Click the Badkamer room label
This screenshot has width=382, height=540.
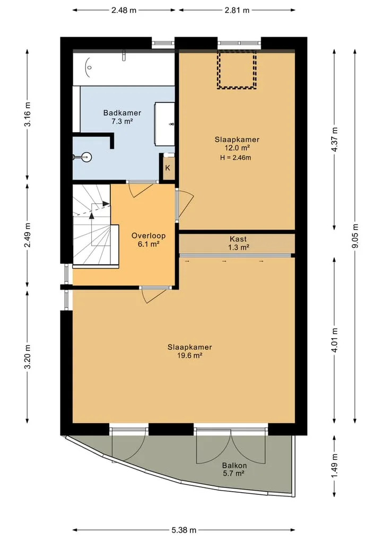pos(122,113)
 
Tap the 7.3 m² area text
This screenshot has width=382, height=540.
pos(122,121)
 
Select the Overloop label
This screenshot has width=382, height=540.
pos(149,236)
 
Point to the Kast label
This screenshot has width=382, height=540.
pos(238,238)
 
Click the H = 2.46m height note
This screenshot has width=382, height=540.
pos(236,158)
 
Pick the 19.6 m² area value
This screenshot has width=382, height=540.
pos(189,356)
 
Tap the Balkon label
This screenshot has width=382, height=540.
pos(235,466)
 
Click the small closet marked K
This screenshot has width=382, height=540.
pos(168,168)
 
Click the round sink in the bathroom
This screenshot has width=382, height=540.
pos(86,157)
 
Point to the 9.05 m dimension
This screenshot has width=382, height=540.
pos(355,236)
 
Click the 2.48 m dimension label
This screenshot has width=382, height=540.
pos(124,10)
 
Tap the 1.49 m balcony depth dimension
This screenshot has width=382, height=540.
pos(334,466)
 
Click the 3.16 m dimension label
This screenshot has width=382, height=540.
pos(28,114)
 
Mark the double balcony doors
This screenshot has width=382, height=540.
pos(231,446)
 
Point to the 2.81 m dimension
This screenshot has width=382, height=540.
pos(237,10)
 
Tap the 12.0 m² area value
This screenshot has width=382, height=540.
pos(237,148)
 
